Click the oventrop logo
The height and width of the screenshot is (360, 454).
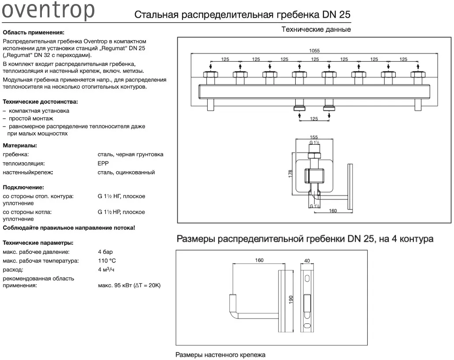(x=48, y=11)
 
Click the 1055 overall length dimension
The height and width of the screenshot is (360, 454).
(x=314, y=51)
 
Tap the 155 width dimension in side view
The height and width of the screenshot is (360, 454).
(x=314, y=137)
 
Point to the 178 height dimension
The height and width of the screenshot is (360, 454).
(x=290, y=174)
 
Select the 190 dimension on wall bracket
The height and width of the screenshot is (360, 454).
(x=291, y=300)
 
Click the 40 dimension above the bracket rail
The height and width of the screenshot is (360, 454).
(x=307, y=261)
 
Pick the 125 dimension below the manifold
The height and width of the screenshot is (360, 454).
(x=314, y=119)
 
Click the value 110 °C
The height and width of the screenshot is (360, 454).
(x=107, y=261)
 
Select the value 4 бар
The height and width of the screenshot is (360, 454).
(x=105, y=251)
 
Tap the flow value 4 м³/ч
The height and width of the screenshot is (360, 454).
(x=106, y=269)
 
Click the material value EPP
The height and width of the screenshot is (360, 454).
(x=103, y=163)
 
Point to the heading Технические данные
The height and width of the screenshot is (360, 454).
(x=316, y=29)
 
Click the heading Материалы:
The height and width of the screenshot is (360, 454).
(x=20, y=146)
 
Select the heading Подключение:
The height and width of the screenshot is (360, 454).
(x=23, y=187)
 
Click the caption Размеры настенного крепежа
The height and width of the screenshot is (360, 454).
(x=220, y=355)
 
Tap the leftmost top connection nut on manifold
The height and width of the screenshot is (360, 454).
(x=211, y=75)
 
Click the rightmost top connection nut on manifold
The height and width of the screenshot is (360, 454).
(x=418, y=75)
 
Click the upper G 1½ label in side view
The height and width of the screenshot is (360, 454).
(x=314, y=142)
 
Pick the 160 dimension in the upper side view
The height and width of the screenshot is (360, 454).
(x=333, y=211)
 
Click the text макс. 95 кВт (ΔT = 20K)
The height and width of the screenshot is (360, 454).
(x=129, y=285)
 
